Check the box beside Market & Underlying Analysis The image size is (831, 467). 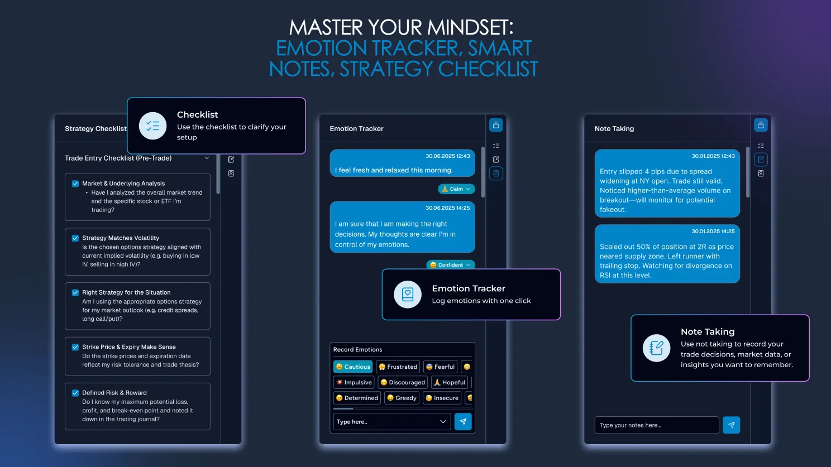(x=75, y=184)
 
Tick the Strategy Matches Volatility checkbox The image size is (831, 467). (x=75, y=238)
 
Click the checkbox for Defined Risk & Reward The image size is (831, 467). (x=75, y=393)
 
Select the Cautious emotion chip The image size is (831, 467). (x=353, y=367)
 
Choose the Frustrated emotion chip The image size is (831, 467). (x=398, y=367)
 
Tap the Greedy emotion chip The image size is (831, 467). (x=402, y=398)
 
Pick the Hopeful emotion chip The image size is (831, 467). (x=449, y=382)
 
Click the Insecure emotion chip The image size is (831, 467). (x=442, y=398)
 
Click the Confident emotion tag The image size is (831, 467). (x=450, y=264)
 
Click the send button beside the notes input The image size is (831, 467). (x=731, y=425)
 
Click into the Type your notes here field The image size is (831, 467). (x=657, y=425)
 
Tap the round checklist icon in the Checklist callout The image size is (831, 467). (x=153, y=126)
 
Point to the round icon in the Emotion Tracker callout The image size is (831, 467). (x=407, y=294)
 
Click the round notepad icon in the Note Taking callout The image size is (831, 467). (x=656, y=348)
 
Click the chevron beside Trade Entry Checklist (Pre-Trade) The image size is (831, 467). (x=207, y=158)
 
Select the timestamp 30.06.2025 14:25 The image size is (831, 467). (x=447, y=208)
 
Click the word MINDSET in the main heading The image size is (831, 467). (x=470, y=27)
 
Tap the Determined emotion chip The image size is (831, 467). (x=357, y=398)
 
